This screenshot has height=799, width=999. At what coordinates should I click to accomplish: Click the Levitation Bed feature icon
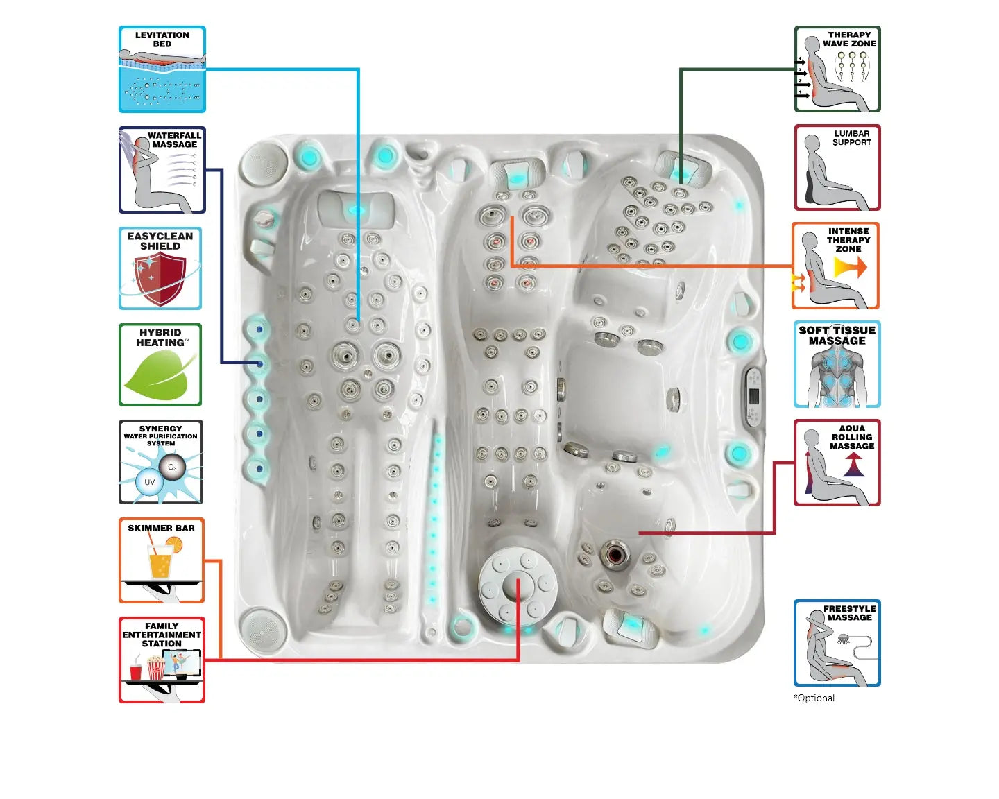(x=162, y=69)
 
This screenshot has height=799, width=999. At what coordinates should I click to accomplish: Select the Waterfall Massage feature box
(x=162, y=170)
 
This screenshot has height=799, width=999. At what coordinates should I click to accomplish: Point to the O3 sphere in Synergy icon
(x=171, y=467)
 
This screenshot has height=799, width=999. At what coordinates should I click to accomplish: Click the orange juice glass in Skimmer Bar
(x=160, y=560)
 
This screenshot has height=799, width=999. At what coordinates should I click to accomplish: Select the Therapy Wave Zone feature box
(x=837, y=69)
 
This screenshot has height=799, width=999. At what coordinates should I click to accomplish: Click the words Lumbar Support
(x=851, y=138)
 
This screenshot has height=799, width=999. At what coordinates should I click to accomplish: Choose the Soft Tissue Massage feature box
(x=837, y=364)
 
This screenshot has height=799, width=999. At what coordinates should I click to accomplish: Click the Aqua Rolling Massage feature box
(x=837, y=463)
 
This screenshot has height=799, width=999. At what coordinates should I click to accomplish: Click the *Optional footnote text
(x=814, y=698)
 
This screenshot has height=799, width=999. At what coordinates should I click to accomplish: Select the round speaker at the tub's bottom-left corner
(x=263, y=628)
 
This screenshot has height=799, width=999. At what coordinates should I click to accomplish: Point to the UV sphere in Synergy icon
(x=149, y=482)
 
